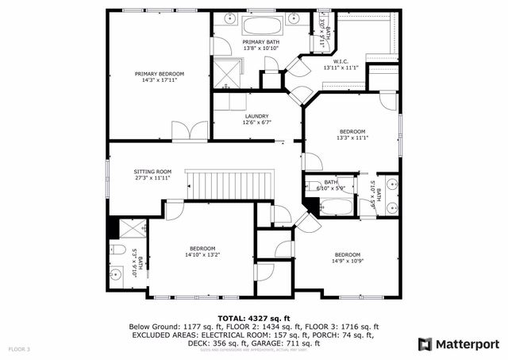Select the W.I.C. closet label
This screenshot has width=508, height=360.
click(x=341, y=61)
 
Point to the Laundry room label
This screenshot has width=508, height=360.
click(x=256, y=116)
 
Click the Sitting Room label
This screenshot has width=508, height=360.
click(x=152, y=172)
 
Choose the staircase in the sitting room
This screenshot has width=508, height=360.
click(x=229, y=184)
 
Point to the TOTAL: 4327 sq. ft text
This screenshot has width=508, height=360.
click(x=254, y=318)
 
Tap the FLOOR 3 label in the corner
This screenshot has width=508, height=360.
click(x=19, y=349)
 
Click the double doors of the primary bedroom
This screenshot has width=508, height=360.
click(x=190, y=130)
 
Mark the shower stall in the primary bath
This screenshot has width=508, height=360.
click(x=231, y=74)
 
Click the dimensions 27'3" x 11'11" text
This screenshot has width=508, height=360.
click(x=152, y=178)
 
